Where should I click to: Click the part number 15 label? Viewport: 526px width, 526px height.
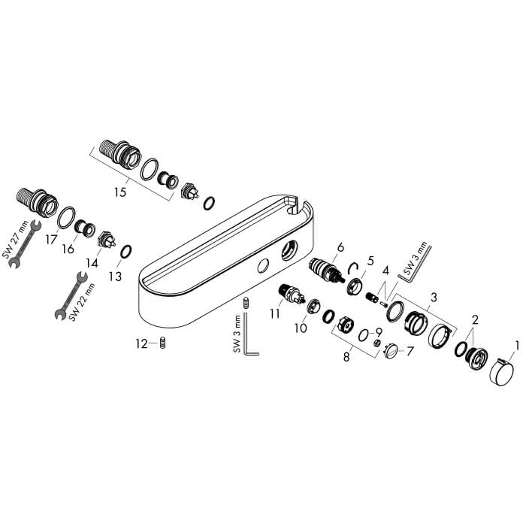click(119, 192)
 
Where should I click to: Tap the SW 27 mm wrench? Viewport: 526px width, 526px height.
click(24, 244)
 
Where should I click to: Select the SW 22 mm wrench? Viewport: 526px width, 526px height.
click(71, 295)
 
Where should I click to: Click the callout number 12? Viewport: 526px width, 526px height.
click(141, 344)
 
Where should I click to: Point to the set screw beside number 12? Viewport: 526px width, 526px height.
click(163, 343)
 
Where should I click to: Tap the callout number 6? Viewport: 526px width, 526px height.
click(340, 247)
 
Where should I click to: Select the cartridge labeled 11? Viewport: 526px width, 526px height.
click(292, 293)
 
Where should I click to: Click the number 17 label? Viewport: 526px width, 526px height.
click(52, 240)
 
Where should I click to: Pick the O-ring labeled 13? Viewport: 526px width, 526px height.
click(125, 252)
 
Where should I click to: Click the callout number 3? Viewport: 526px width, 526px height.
click(434, 297)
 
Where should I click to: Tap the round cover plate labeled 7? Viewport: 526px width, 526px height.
click(391, 351)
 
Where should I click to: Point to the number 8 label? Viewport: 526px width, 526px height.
click(346, 357)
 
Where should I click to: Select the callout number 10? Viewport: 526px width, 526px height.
click(301, 328)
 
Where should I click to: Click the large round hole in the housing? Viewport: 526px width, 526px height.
click(289, 251)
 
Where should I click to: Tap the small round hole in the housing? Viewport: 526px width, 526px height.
click(263, 266)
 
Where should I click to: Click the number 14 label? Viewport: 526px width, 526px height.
click(92, 263)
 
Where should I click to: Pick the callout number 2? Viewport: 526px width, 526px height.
click(475, 319)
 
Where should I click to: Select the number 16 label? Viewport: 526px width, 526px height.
click(68, 249)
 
